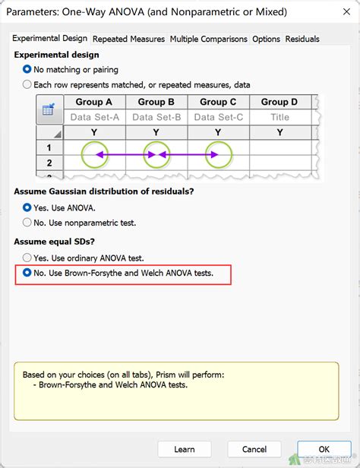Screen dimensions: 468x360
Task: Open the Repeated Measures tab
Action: click(129, 39)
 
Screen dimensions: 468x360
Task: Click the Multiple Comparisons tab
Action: click(208, 39)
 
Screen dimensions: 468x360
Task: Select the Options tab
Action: click(266, 39)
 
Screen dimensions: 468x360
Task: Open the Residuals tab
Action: click(302, 39)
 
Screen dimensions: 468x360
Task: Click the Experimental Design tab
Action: click(50, 39)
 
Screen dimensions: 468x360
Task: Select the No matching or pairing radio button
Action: click(28, 70)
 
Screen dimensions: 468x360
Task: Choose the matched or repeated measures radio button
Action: click(28, 84)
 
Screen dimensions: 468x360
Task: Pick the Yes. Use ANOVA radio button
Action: click(28, 207)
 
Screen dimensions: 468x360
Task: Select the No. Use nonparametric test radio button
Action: click(28, 223)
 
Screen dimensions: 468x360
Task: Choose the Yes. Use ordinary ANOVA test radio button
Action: click(28, 258)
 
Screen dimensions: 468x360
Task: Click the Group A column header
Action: click(94, 102)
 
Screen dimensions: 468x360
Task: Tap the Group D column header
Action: click(279, 102)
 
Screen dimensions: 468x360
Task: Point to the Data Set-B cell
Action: click(156, 117)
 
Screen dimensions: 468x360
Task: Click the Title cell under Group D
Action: click(279, 117)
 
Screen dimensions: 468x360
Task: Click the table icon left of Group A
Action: click(49, 110)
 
